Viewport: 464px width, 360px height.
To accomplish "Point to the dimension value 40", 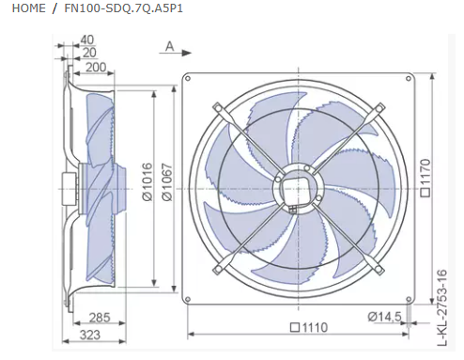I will pyautogui.click(x=87, y=39).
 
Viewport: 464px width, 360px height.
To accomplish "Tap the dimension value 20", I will pyautogui.click(x=87, y=54).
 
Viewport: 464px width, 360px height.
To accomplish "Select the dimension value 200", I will pyautogui.click(x=94, y=68).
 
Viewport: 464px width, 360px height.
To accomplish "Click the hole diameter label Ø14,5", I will pyautogui.click(x=386, y=316).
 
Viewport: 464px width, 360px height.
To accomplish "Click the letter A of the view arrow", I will pyautogui.click(x=169, y=45).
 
